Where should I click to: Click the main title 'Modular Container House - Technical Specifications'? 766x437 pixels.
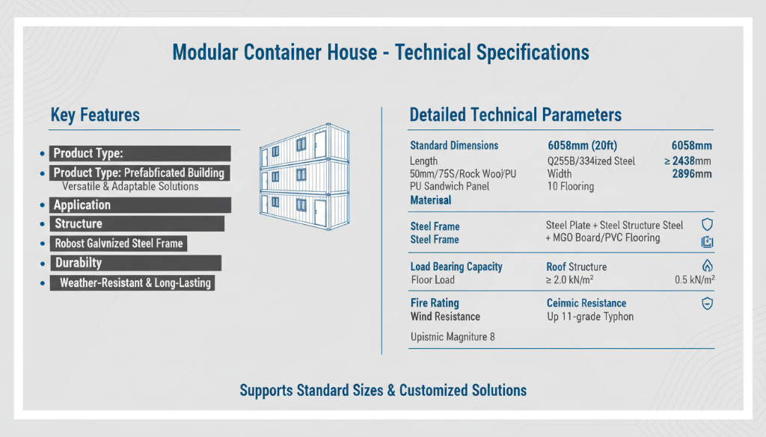point(381,53)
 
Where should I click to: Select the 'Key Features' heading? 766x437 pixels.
point(95,115)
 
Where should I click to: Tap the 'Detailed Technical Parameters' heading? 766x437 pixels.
point(515,115)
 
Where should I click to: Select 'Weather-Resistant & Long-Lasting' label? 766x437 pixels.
point(135,283)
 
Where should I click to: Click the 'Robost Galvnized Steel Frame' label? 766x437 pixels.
point(119,244)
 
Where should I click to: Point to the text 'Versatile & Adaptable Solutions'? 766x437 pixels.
point(130,186)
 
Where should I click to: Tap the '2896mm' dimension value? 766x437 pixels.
point(692,174)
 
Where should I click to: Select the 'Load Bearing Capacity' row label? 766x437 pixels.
point(456,267)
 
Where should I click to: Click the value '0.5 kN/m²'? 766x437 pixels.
point(694,280)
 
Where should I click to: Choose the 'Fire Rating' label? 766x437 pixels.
point(435,303)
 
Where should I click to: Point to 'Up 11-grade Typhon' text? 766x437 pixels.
point(590,317)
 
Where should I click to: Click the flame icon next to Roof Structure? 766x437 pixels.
point(707,266)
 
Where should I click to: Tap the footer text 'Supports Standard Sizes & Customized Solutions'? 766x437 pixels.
point(383,391)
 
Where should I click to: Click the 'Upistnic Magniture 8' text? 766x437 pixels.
point(453,337)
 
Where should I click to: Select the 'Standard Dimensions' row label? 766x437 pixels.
point(454,146)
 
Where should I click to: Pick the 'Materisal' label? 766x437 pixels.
point(430,200)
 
